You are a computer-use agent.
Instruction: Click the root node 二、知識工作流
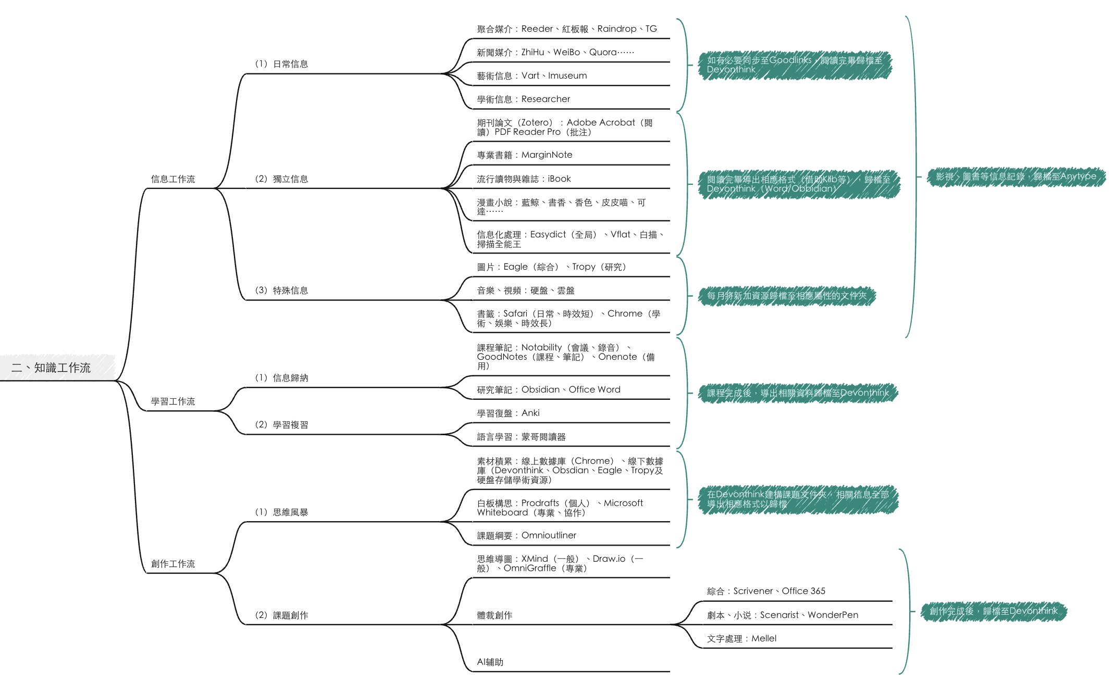click(51, 368)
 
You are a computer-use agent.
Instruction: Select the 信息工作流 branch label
click(173, 179)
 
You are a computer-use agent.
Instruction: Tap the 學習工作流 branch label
click(173, 401)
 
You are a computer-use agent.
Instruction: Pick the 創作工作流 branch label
click(173, 564)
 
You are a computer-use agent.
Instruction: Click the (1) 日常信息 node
click(281, 64)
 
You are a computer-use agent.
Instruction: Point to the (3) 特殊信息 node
click(281, 291)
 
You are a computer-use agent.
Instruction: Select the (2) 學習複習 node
click(281, 425)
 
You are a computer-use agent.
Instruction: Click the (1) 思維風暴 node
click(281, 512)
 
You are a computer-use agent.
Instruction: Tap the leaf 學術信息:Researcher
click(523, 99)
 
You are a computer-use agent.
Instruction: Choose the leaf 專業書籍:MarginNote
click(524, 155)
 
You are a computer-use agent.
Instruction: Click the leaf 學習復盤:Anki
click(508, 413)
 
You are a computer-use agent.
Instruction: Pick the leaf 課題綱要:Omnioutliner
click(526, 535)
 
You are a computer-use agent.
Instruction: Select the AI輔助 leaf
click(490, 662)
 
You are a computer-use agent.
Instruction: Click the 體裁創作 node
click(494, 615)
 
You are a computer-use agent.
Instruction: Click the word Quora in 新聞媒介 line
click(603, 52)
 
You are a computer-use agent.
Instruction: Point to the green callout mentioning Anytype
click(1016, 176)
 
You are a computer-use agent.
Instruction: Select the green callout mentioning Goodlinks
click(795, 65)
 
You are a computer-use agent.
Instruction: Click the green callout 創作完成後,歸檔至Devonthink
click(994, 611)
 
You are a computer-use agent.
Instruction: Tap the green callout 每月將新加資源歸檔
click(787, 296)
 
